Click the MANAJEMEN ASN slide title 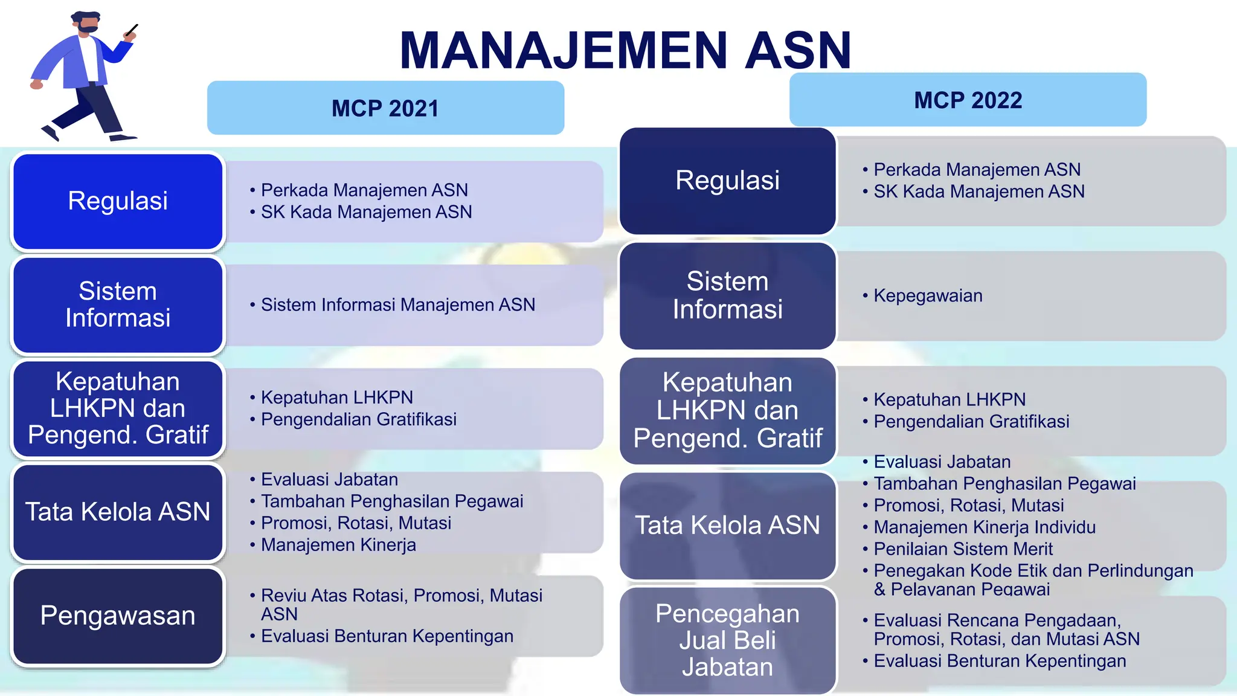click(x=625, y=51)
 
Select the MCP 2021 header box click(x=385, y=108)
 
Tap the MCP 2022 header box click(x=968, y=100)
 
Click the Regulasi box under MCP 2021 click(x=118, y=201)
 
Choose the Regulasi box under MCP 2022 click(x=727, y=181)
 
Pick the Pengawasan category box click(x=118, y=616)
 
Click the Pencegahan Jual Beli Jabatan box click(x=727, y=640)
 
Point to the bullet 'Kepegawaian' click(x=928, y=296)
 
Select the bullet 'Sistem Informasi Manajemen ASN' click(x=397, y=305)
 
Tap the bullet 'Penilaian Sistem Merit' click(x=963, y=549)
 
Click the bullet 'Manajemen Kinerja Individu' click(x=984, y=527)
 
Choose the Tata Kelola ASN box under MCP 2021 click(x=118, y=512)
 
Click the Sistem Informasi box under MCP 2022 click(x=727, y=295)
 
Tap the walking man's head click(x=86, y=23)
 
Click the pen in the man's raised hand click(x=132, y=29)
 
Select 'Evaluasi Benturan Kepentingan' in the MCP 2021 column click(x=387, y=636)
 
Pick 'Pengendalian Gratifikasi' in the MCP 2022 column click(x=971, y=422)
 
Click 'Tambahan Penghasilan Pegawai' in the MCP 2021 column click(x=391, y=501)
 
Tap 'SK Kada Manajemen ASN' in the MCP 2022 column click(x=978, y=192)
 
